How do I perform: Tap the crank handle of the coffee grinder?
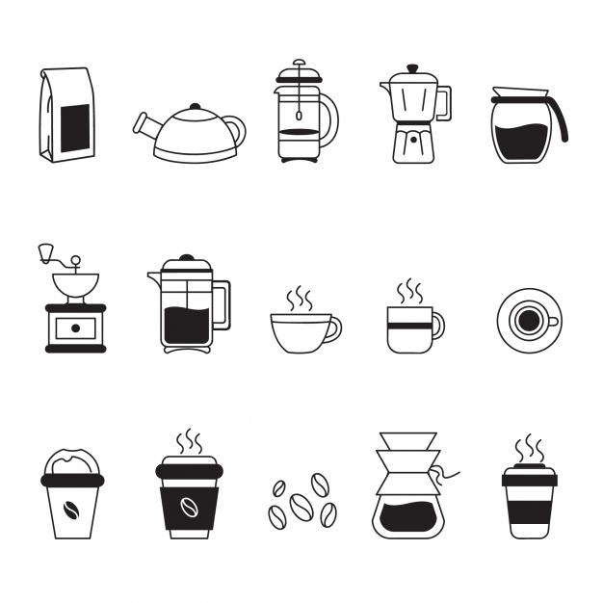tap(44, 252)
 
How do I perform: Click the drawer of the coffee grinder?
tap(75, 328)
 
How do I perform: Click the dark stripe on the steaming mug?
tap(409, 327)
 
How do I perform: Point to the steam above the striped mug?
tap(411, 290)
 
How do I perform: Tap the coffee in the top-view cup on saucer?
tap(526, 319)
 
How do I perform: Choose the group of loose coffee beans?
tap(302, 501)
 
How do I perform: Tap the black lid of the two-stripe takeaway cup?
tap(529, 477)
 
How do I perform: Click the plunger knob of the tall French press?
tap(299, 65)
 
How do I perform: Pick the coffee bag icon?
tap(66, 116)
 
